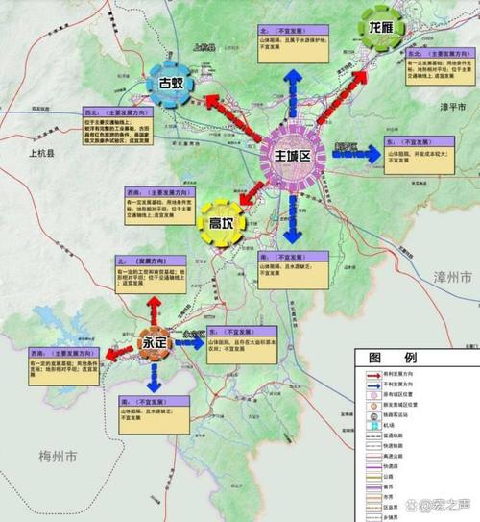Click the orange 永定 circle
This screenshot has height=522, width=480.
[x=155, y=342]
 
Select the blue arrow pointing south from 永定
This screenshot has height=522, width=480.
[x=155, y=379]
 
